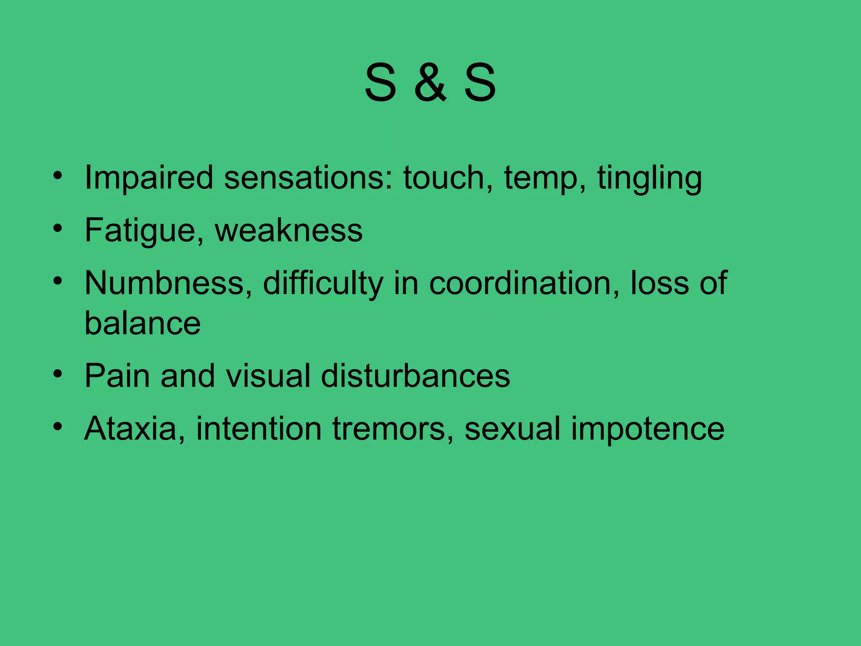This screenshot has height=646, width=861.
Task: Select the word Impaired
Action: pyautogui.click(x=149, y=178)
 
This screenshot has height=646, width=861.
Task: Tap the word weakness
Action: pyautogui.click(x=289, y=230)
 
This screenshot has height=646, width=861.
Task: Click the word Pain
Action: pyautogui.click(x=117, y=376)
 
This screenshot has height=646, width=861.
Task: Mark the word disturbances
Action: pyautogui.click(x=415, y=376)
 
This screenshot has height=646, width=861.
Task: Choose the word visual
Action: pyautogui.click(x=268, y=376)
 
